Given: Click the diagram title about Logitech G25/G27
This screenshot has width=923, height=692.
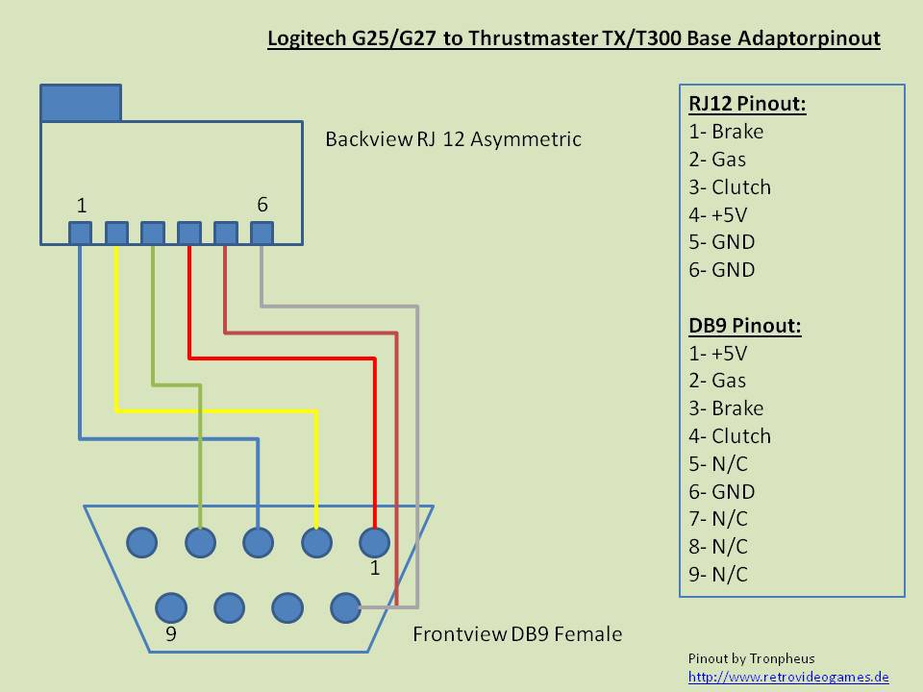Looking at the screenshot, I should [x=573, y=39].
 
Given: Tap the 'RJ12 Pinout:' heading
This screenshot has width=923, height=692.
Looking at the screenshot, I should [x=747, y=104].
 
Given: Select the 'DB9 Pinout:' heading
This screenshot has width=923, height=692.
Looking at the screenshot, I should [x=744, y=325].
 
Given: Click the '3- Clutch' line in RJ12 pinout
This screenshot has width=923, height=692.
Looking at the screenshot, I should [x=730, y=187].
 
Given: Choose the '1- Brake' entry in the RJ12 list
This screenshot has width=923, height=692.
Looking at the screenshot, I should [x=726, y=132].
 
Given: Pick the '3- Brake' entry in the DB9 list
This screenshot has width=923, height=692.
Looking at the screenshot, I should [x=726, y=408].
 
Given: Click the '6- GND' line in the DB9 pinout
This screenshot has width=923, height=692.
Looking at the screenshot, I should [x=722, y=491].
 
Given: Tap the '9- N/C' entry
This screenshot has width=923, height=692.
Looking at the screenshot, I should [x=718, y=575].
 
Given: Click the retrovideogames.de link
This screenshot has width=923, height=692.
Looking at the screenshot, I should [x=788, y=677].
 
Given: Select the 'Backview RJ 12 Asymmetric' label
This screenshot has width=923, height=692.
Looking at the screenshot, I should [x=453, y=139].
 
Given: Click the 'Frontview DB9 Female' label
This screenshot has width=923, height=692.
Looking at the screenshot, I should [x=517, y=634].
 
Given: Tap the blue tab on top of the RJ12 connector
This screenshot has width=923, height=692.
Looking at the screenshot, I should [x=81, y=103].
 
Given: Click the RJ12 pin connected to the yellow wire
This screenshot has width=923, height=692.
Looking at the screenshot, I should [x=116, y=233].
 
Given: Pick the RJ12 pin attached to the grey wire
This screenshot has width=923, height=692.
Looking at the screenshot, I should [x=261, y=233].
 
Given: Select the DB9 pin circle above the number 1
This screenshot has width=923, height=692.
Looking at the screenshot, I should [x=374, y=542].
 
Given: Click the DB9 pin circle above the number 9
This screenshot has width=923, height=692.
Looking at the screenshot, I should [x=171, y=606].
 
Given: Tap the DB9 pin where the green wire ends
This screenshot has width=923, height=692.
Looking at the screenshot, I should [x=200, y=542].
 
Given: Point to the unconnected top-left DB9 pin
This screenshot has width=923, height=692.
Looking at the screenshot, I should [x=141, y=542].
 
